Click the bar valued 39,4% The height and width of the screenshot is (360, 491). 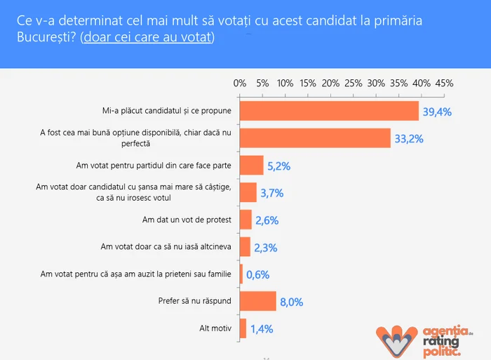(329, 111)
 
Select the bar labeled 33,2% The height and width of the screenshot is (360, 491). (315, 138)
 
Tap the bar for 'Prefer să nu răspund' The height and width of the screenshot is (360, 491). (258, 302)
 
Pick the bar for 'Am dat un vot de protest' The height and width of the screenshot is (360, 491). (245, 220)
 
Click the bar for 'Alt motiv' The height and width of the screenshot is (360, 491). (243, 328)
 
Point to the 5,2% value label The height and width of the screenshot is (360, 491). (277, 166)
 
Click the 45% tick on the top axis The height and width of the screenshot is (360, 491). (444, 83)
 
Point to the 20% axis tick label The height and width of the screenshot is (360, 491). (330, 83)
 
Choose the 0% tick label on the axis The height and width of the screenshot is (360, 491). (240, 83)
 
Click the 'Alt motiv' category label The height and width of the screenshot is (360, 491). (215, 328)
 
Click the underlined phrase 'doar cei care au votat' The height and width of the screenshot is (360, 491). (147, 36)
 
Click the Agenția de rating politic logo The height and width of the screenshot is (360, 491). (425, 335)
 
